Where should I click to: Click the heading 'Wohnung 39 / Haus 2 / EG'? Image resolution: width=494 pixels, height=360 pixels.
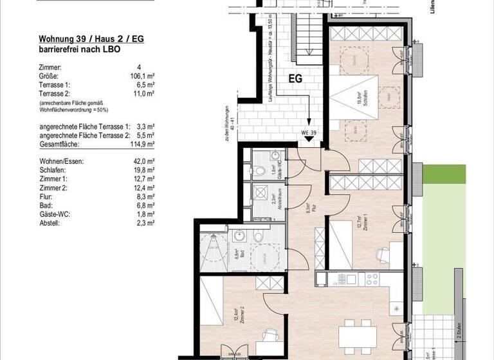(90, 39)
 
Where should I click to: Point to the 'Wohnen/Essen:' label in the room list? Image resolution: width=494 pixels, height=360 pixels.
(61, 161)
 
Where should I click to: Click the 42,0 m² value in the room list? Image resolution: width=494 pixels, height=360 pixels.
(143, 161)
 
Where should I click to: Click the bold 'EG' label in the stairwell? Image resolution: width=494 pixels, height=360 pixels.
(295, 80)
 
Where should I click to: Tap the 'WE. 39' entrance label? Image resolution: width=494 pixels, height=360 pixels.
(309, 132)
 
